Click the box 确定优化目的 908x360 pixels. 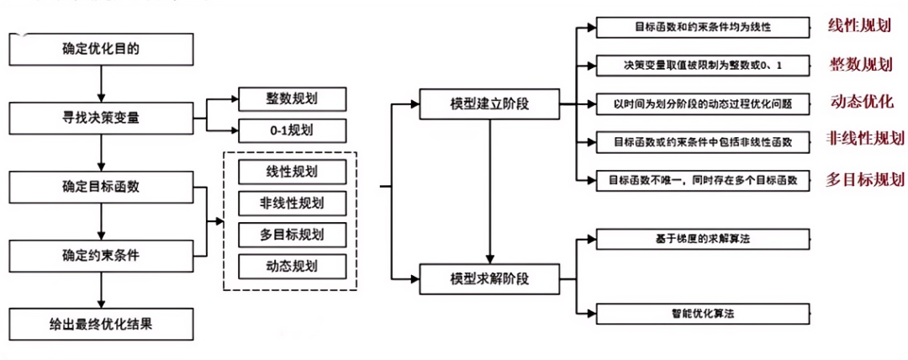click(x=100, y=48)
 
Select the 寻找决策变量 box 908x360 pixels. click(x=100, y=118)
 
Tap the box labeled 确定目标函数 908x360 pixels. click(x=100, y=187)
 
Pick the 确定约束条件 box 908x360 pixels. click(x=100, y=255)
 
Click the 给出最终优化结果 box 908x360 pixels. click(x=100, y=323)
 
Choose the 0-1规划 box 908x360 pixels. click(x=280, y=130)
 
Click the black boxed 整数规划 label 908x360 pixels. click(x=280, y=99)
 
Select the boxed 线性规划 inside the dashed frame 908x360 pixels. click(x=281, y=172)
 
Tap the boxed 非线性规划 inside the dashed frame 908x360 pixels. click(x=281, y=203)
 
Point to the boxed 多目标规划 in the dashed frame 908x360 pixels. click(x=281, y=234)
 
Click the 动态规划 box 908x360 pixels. click(x=281, y=266)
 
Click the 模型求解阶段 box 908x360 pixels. click(x=489, y=278)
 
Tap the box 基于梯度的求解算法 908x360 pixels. click(x=704, y=239)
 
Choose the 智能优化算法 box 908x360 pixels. click(x=704, y=314)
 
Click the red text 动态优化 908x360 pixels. click(x=862, y=102)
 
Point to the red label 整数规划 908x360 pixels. click(x=862, y=65)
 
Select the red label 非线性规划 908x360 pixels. click(x=865, y=139)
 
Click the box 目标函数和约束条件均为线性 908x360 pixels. click(x=704, y=27)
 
